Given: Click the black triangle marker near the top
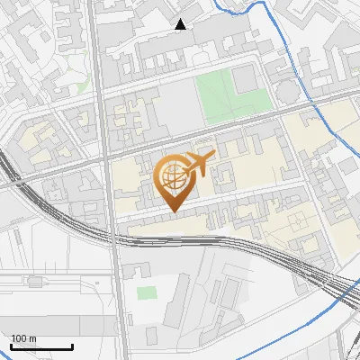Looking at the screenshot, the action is click(181, 24).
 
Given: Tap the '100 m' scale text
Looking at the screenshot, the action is click(24, 338).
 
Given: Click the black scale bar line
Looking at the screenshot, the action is click(41, 346).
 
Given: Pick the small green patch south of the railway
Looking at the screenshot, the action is click(146, 292).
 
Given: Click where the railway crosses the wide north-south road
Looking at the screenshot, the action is click(114, 236).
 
